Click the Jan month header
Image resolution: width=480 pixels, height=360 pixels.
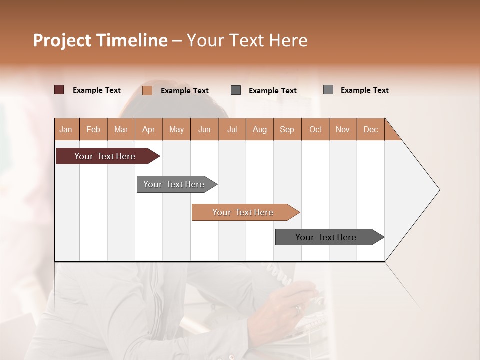click(x=66, y=129)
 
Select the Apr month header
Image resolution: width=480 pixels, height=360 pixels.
click(x=148, y=129)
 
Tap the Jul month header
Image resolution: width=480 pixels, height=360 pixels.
click(x=232, y=129)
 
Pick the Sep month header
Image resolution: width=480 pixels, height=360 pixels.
click(x=287, y=129)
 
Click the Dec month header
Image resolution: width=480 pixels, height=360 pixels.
click(x=370, y=129)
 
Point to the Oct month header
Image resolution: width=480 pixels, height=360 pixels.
click(x=315, y=129)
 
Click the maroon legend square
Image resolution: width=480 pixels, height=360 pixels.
click(x=59, y=90)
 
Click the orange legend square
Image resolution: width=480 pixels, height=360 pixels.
click(x=147, y=90)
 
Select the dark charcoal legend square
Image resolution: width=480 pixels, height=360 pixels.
click(x=236, y=90)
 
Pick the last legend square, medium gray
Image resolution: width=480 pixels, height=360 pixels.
click(x=328, y=90)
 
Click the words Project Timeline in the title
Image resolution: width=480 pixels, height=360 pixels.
click(x=100, y=40)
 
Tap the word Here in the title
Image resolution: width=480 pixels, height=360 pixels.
click(x=288, y=40)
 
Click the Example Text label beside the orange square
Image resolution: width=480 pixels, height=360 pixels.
click(x=184, y=91)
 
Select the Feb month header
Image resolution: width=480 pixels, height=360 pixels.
click(x=93, y=129)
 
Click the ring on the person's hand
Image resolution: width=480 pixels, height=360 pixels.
click(x=298, y=309)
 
